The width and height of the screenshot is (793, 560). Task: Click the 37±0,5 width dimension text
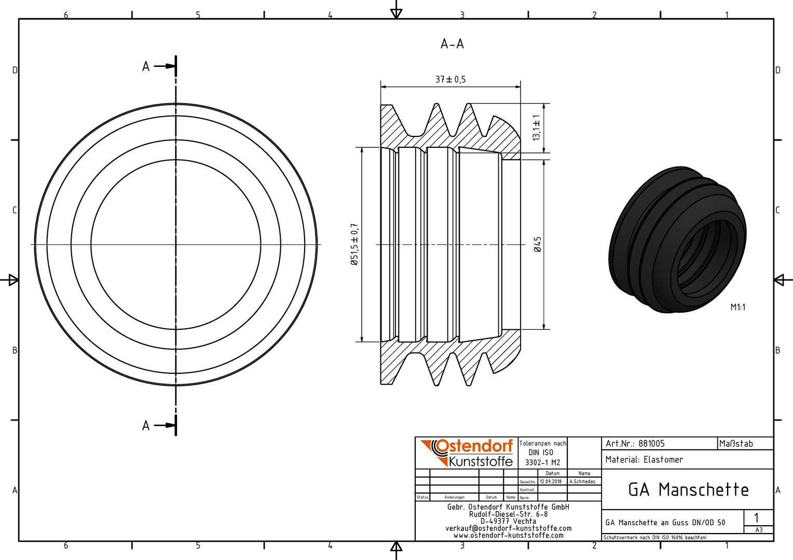coord(450,80)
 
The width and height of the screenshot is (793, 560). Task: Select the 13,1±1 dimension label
coord(536,128)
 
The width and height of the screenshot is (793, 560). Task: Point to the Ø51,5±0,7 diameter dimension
coord(354,244)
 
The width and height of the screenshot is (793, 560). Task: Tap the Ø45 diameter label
coord(537,244)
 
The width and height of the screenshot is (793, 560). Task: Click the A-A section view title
coord(452,44)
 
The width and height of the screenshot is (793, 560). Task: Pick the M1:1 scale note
coord(738,307)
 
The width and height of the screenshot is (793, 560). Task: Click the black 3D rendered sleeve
coord(677,240)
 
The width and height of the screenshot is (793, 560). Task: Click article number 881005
coord(652,444)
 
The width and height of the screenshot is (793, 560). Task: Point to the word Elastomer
coord(663,459)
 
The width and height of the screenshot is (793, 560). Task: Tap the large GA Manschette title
coord(689,490)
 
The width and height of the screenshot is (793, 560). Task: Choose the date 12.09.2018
coord(551,482)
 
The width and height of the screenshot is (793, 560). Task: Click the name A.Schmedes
coord(582,482)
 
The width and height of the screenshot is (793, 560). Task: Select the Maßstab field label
coord(736,444)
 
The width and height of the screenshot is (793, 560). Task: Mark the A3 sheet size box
coord(758,529)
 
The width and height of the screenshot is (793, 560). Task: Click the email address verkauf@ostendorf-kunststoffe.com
coord(509,528)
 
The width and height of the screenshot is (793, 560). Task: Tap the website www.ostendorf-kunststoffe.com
coord(509,535)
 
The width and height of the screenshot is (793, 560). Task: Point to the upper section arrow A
coord(159,66)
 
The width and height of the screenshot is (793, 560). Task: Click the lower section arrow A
coord(159,426)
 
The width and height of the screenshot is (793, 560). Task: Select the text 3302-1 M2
coord(542,463)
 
